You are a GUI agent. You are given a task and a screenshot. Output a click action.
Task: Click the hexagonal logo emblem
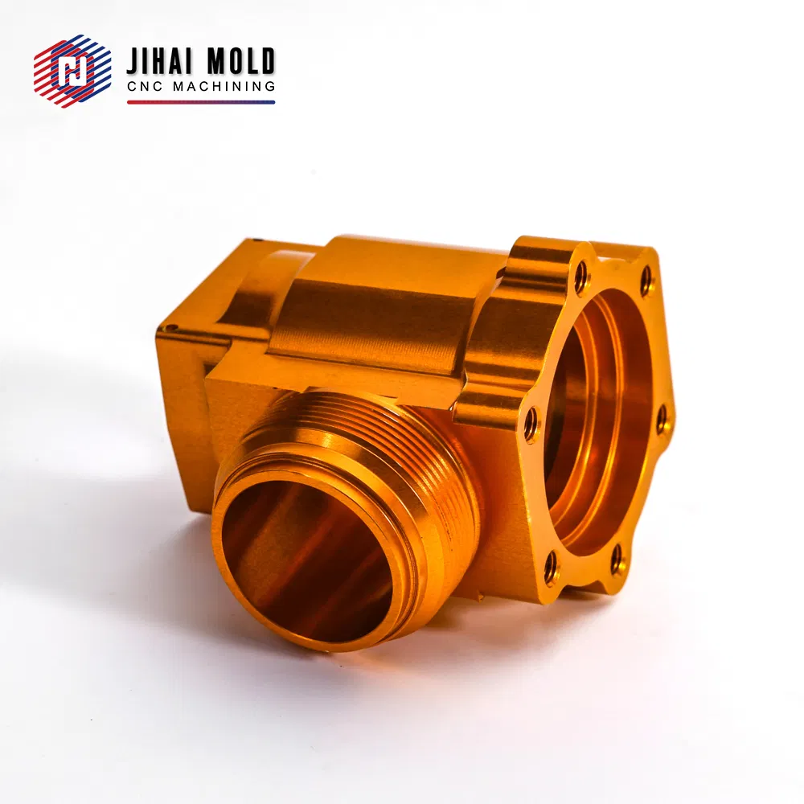point(72,71)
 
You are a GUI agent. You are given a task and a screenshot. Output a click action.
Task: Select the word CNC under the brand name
point(145,87)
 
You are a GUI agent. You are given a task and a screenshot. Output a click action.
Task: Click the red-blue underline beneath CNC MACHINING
point(201,102)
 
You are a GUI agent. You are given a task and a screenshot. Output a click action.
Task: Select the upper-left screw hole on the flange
point(581,278)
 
